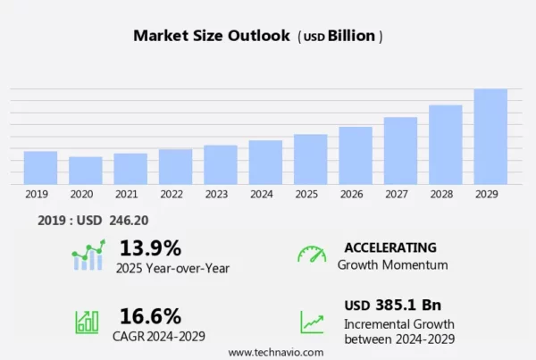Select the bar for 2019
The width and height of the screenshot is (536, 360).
coord(40,168)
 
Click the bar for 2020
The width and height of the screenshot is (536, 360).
coord(86,171)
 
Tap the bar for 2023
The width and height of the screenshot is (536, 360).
coord(221,164)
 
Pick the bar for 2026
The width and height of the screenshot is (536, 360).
coord(356,155)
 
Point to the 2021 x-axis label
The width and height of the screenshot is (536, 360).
coord(126,194)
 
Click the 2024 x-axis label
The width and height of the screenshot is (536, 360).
coord(262,194)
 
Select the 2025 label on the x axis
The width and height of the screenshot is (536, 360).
coord(306,194)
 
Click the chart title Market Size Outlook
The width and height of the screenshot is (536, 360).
coord(212,37)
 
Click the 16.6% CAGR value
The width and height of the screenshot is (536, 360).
coord(150,315)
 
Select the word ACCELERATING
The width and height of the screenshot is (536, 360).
coord(390,247)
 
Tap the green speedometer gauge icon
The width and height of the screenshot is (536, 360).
coord(312,255)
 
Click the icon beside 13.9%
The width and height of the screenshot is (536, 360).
coord(88,255)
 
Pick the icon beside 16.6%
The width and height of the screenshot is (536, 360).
coord(88,322)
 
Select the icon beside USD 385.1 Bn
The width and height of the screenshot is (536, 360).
coord(312,322)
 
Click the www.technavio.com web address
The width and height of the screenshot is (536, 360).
coord(276,352)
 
